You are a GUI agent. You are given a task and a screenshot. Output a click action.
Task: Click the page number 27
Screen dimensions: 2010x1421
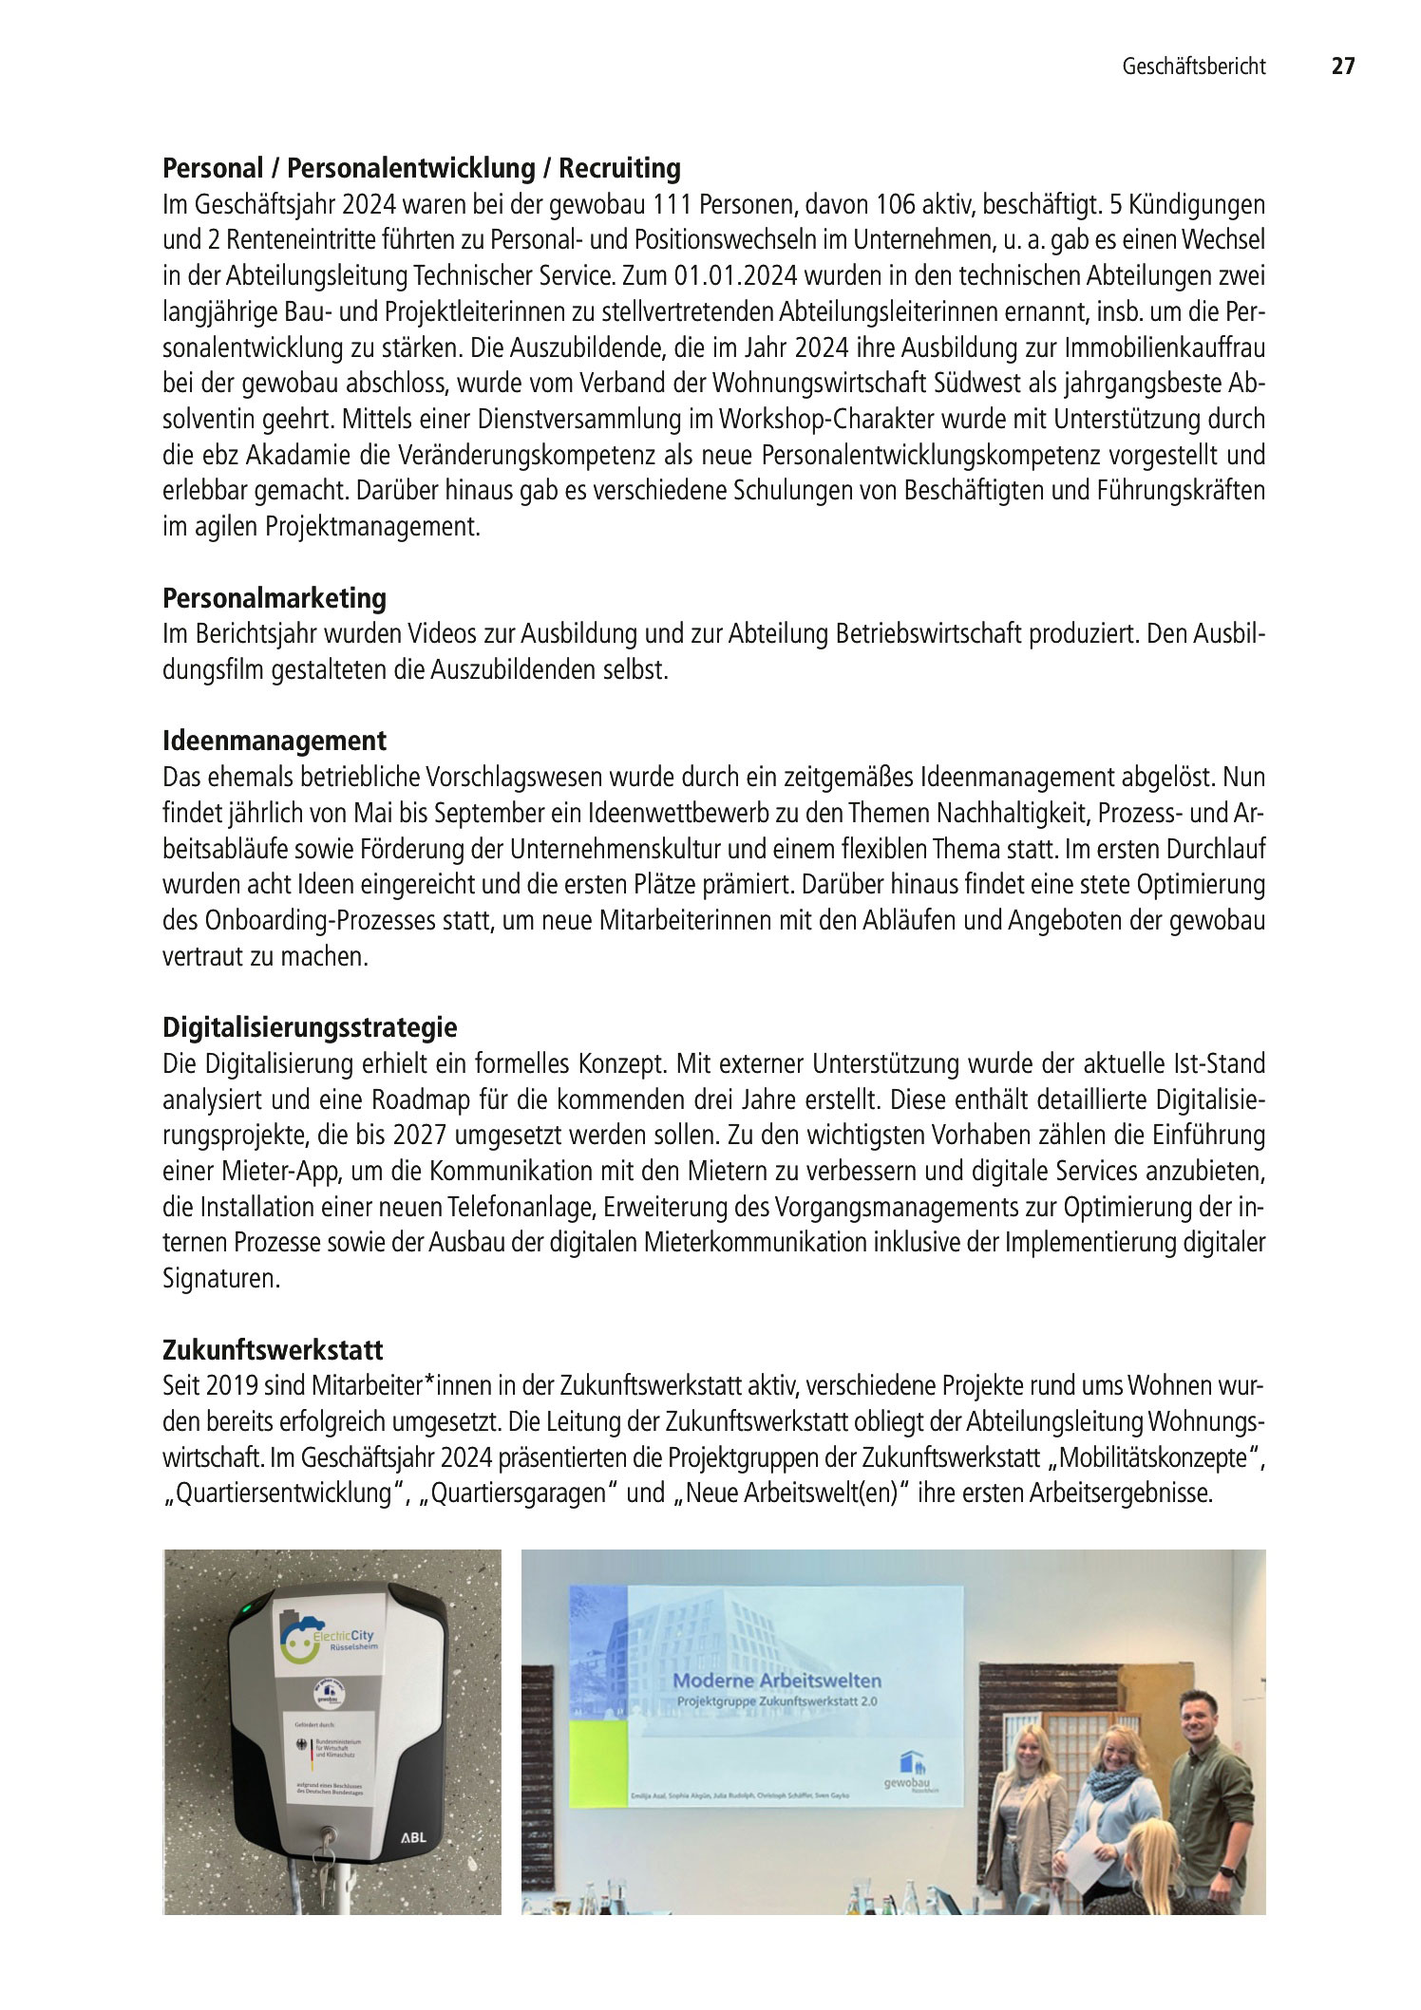[x=1342, y=66]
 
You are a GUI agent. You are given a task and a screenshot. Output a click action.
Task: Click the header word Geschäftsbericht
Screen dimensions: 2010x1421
[x=1194, y=66]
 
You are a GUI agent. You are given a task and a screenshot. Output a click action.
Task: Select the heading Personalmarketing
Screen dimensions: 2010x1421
[x=275, y=598]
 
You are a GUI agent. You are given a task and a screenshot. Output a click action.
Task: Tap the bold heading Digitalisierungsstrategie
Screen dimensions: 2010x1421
[x=310, y=1027]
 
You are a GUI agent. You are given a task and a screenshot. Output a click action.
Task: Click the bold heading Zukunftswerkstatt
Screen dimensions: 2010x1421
[x=273, y=1349]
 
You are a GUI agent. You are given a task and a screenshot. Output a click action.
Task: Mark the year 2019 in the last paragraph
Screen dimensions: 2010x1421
[x=227, y=1386]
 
